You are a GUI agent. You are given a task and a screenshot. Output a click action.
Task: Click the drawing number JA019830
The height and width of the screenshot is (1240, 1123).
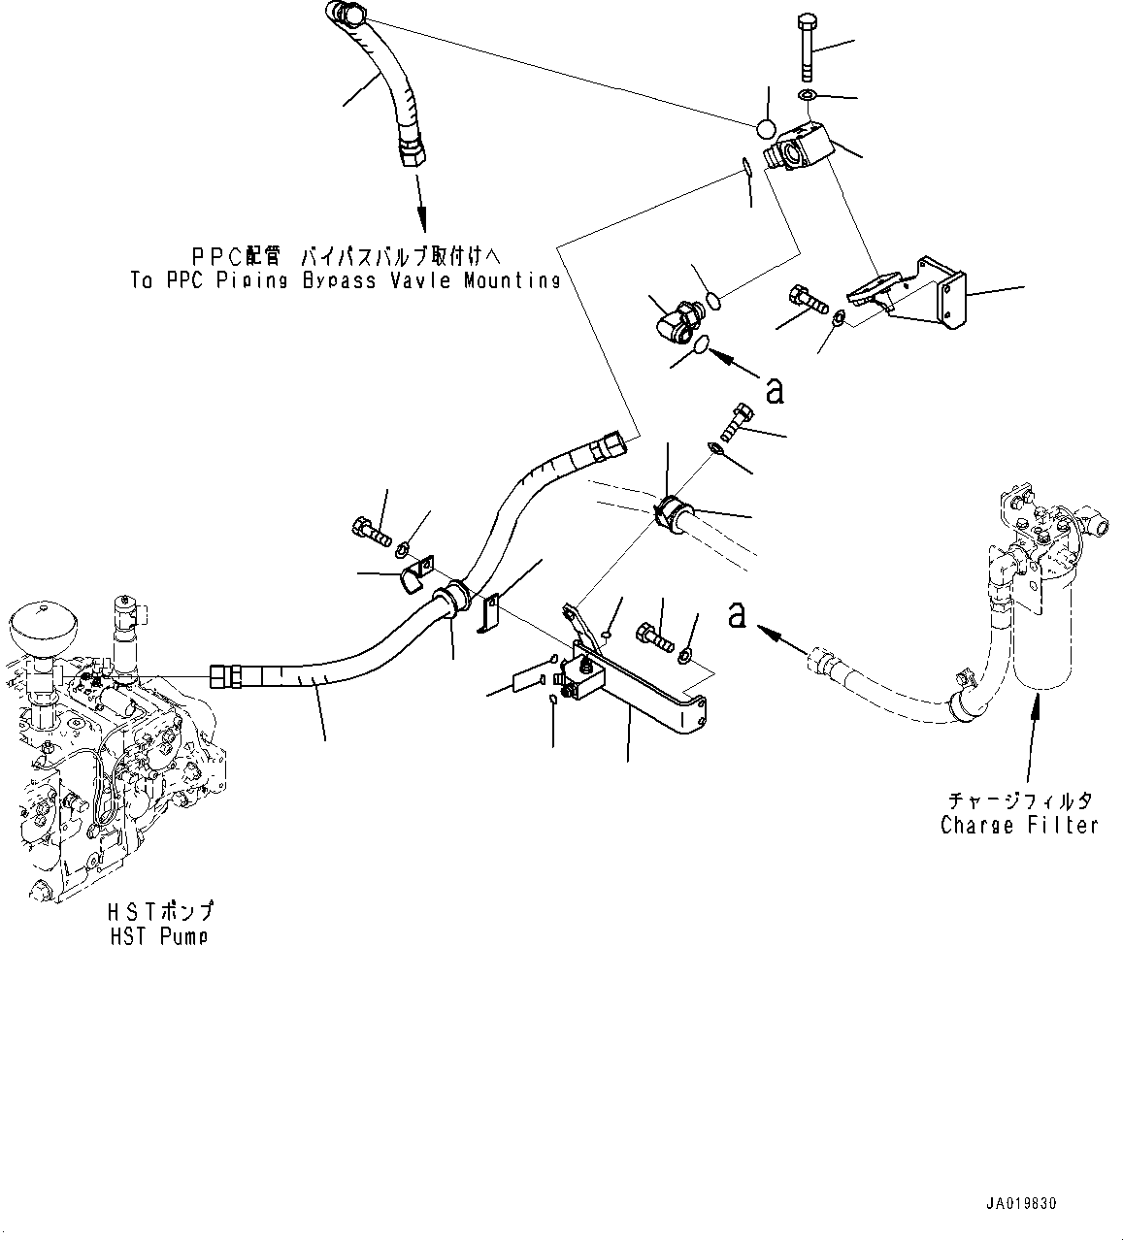(1018, 1203)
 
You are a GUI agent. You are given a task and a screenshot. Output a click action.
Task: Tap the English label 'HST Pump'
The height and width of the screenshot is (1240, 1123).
(158, 935)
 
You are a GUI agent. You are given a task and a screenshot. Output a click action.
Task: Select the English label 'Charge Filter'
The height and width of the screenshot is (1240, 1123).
(1019, 825)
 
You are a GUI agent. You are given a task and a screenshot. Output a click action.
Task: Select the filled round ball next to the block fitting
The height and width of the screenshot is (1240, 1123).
(766, 129)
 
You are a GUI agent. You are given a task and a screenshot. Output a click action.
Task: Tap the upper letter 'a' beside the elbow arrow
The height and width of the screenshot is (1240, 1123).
(774, 390)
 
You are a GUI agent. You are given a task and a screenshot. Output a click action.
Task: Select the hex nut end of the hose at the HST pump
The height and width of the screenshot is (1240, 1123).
(224, 675)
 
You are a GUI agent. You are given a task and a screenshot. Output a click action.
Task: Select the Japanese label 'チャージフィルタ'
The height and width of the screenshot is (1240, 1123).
(1019, 800)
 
